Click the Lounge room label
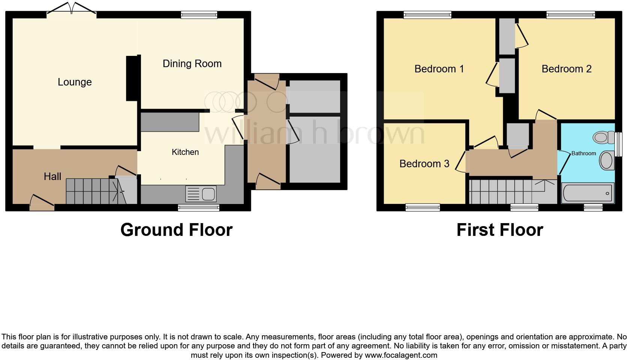(x=75, y=82)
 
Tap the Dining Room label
(x=192, y=64)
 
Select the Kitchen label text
(x=185, y=152)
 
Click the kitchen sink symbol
(x=201, y=194)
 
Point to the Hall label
(x=52, y=177)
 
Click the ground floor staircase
(x=92, y=191)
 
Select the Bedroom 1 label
(x=439, y=69)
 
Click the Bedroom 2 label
(x=566, y=69)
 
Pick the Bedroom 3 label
(x=424, y=164)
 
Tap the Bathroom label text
(x=583, y=153)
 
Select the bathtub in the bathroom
(x=587, y=193)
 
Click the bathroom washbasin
(x=606, y=161)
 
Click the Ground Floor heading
(x=176, y=230)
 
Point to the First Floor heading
(x=499, y=230)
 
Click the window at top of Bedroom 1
(x=427, y=15)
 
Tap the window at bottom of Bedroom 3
(x=423, y=207)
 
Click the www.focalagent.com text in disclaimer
(x=401, y=355)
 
